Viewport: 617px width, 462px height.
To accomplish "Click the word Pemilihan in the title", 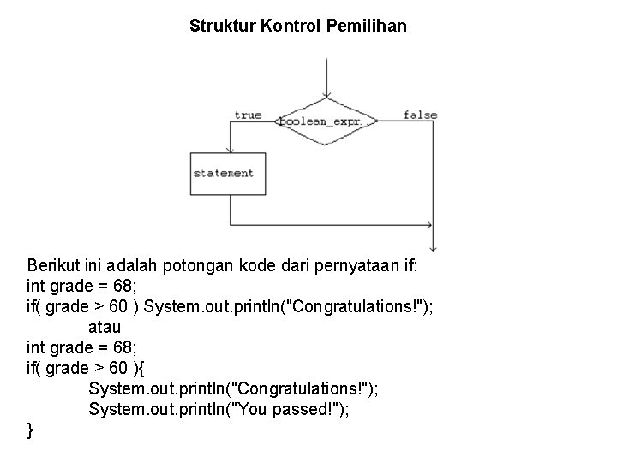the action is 366,27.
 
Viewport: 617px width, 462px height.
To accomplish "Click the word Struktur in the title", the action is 219,27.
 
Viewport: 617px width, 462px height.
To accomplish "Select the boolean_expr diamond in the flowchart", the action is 326,121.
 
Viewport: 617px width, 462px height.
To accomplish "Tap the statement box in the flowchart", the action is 223,173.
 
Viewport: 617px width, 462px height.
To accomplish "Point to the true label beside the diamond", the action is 248,115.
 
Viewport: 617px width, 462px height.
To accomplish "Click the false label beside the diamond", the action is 420,115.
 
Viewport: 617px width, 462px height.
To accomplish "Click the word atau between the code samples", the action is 105,326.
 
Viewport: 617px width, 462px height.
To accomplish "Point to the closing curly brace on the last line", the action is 31,430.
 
